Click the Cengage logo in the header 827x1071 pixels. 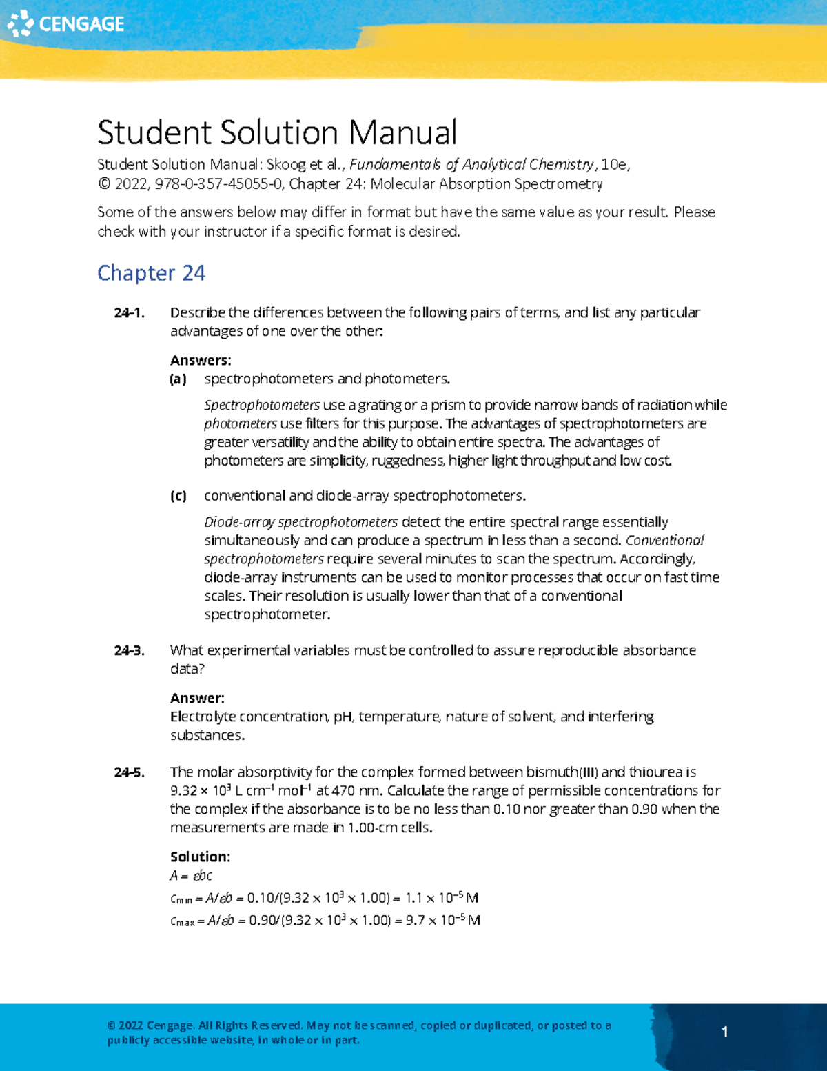click(x=65, y=23)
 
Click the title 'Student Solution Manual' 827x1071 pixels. click(x=276, y=132)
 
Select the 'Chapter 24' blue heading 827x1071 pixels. click(x=151, y=273)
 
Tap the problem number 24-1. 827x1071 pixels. click(x=130, y=313)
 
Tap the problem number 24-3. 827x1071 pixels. click(x=130, y=651)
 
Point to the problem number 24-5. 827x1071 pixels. click(x=130, y=772)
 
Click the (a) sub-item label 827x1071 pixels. click(x=178, y=379)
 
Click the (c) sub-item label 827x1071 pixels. click(x=178, y=496)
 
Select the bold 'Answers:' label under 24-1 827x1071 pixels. click(x=201, y=360)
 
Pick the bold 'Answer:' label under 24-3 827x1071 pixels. click(x=197, y=698)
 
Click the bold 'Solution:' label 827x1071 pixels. click(x=200, y=857)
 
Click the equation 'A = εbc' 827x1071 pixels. click(x=191, y=876)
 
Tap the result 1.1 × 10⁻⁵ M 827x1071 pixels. click(x=442, y=898)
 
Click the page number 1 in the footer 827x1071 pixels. click(x=724, y=1032)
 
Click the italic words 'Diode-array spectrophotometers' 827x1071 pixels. click(x=300, y=522)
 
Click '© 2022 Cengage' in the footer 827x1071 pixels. click(x=150, y=1025)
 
